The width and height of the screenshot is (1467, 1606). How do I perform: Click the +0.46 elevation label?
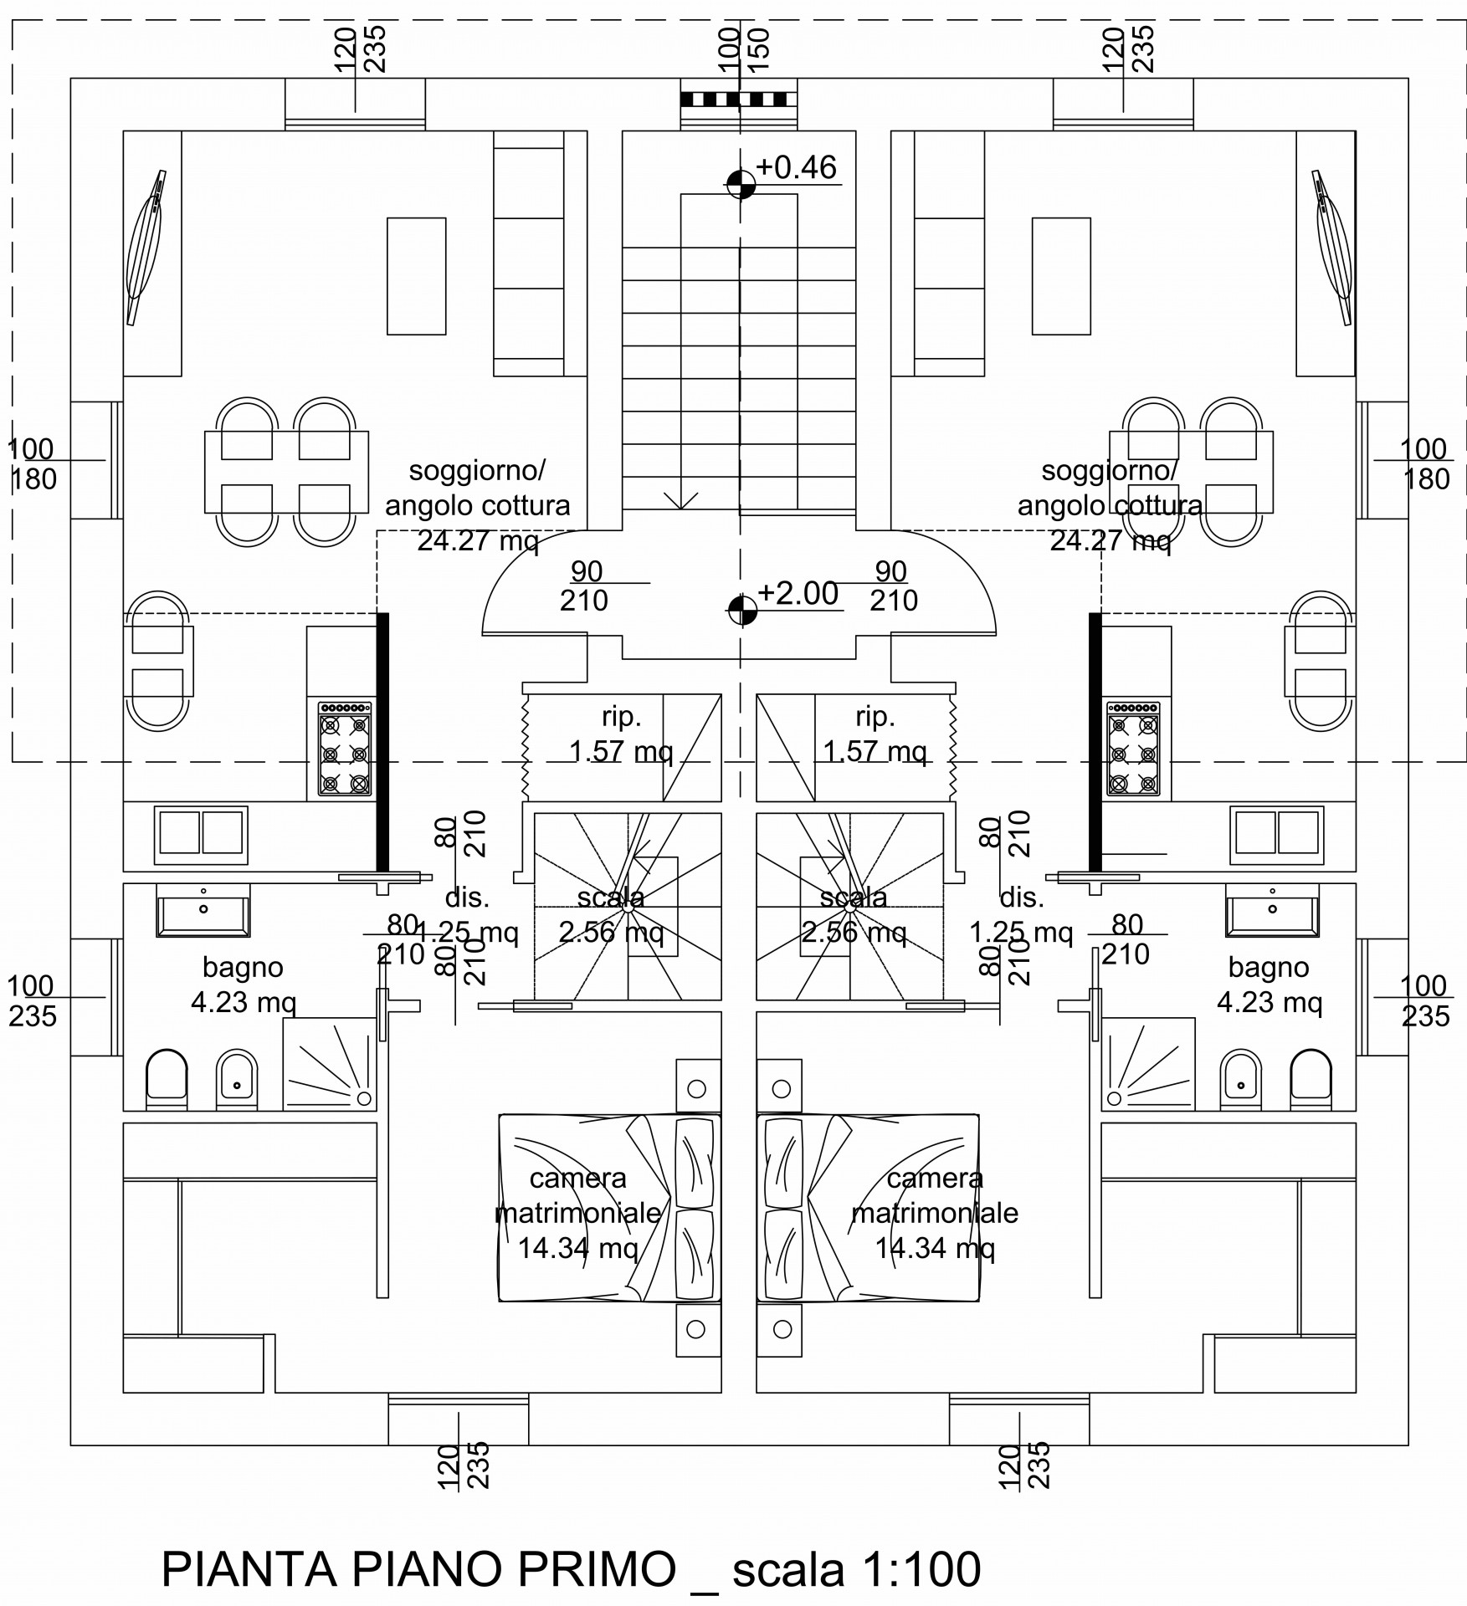click(x=795, y=167)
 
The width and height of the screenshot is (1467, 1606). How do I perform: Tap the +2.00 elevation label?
click(x=798, y=593)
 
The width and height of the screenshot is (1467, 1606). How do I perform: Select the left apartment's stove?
click(x=345, y=748)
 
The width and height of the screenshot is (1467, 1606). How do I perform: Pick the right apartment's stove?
click(x=1133, y=748)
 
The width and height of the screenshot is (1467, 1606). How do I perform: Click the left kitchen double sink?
click(x=201, y=835)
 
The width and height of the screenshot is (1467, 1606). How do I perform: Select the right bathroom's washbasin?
click(x=1272, y=912)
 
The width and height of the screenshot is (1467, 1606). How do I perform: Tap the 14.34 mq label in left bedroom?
click(x=578, y=1249)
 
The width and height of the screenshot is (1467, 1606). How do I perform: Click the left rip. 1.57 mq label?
click(x=621, y=734)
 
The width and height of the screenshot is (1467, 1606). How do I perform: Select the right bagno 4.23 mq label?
click(x=1270, y=985)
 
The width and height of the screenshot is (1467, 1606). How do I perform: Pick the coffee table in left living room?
click(x=417, y=276)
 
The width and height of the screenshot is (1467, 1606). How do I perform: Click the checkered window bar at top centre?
click(x=739, y=99)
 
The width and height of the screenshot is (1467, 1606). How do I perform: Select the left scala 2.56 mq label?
click(x=611, y=914)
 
